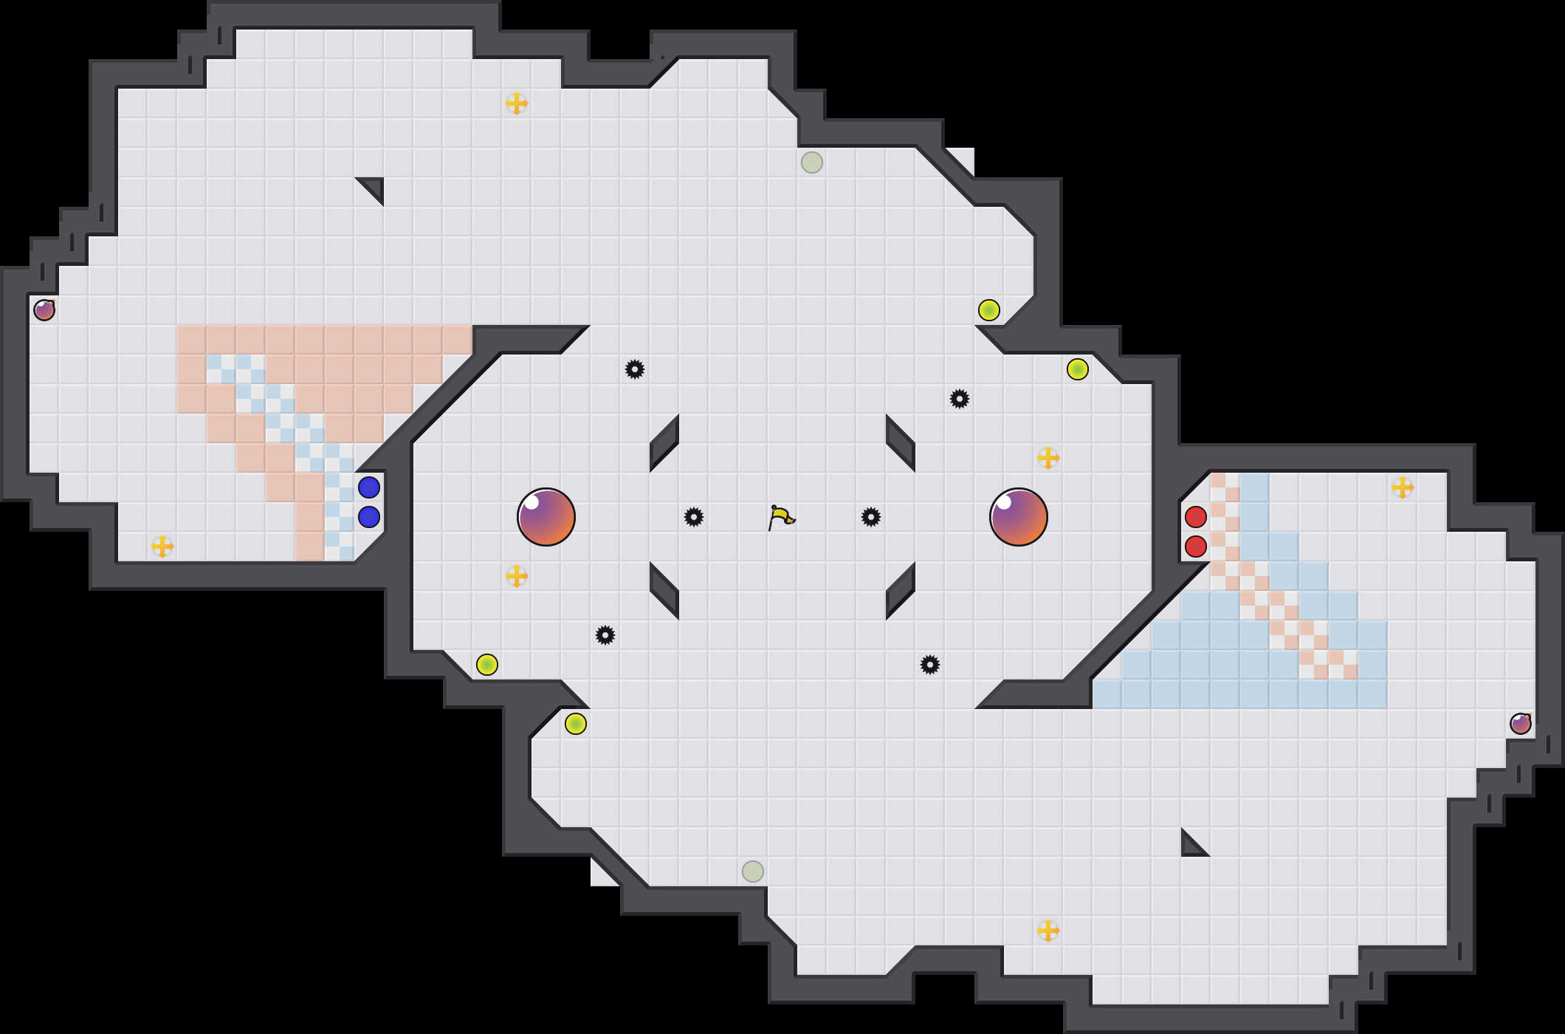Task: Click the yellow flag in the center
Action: (x=781, y=517)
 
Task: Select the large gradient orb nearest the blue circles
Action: (x=546, y=517)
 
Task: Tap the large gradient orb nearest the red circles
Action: (x=1019, y=517)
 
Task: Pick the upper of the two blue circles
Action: (x=369, y=487)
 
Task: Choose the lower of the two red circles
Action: (x=1196, y=547)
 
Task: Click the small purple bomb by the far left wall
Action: (x=44, y=310)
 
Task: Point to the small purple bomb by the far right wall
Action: (x=1521, y=724)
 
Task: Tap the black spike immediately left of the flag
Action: (x=694, y=517)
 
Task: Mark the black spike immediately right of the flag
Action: (x=871, y=517)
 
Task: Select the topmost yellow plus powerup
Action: (x=517, y=103)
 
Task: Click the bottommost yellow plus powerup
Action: (x=1048, y=931)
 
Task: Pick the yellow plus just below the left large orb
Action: (x=517, y=576)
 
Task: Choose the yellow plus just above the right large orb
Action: (x=1048, y=458)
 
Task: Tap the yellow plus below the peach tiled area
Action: (x=162, y=547)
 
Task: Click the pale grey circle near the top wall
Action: (x=812, y=162)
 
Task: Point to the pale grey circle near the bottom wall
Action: (x=753, y=872)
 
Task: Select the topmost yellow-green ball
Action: (x=989, y=310)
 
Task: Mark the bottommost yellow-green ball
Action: (x=576, y=724)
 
